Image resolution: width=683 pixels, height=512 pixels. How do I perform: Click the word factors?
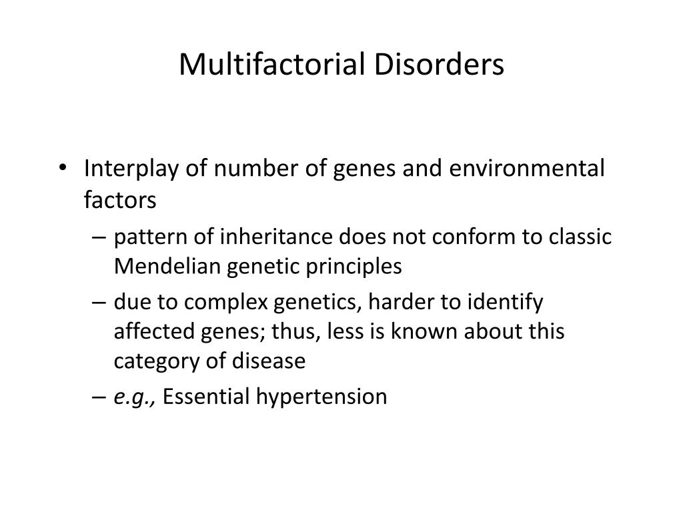point(120,199)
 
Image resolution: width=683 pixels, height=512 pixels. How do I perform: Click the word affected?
point(152,331)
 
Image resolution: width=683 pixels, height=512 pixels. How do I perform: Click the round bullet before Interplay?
point(61,169)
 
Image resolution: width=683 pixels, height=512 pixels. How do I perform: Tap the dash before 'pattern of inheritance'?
point(99,238)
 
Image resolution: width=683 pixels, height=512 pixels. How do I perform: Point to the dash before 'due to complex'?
point(99,303)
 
